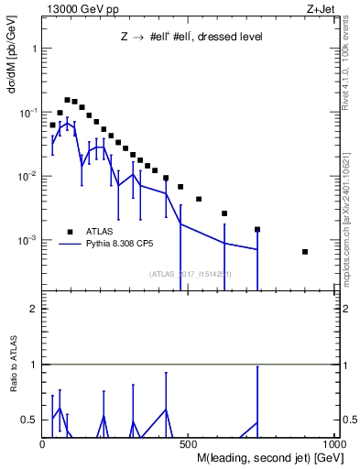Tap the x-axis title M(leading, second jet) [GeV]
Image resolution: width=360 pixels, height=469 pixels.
pos(268,457)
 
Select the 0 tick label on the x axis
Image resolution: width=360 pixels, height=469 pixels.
pos(43,444)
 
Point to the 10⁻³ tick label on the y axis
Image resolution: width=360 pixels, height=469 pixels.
pos(28,240)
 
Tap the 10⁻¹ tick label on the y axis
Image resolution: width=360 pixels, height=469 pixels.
pos(28,112)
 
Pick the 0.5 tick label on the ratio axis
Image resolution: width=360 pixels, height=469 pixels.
pos(29,420)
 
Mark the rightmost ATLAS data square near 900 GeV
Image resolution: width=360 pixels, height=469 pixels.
pos(305,252)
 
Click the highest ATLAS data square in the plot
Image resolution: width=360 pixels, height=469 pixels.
pos(67,100)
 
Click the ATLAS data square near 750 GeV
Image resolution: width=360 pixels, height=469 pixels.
pos(257,229)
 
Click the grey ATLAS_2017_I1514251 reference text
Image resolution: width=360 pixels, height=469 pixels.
pos(190,273)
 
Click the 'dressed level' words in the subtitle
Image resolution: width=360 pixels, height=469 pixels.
pos(231,38)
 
